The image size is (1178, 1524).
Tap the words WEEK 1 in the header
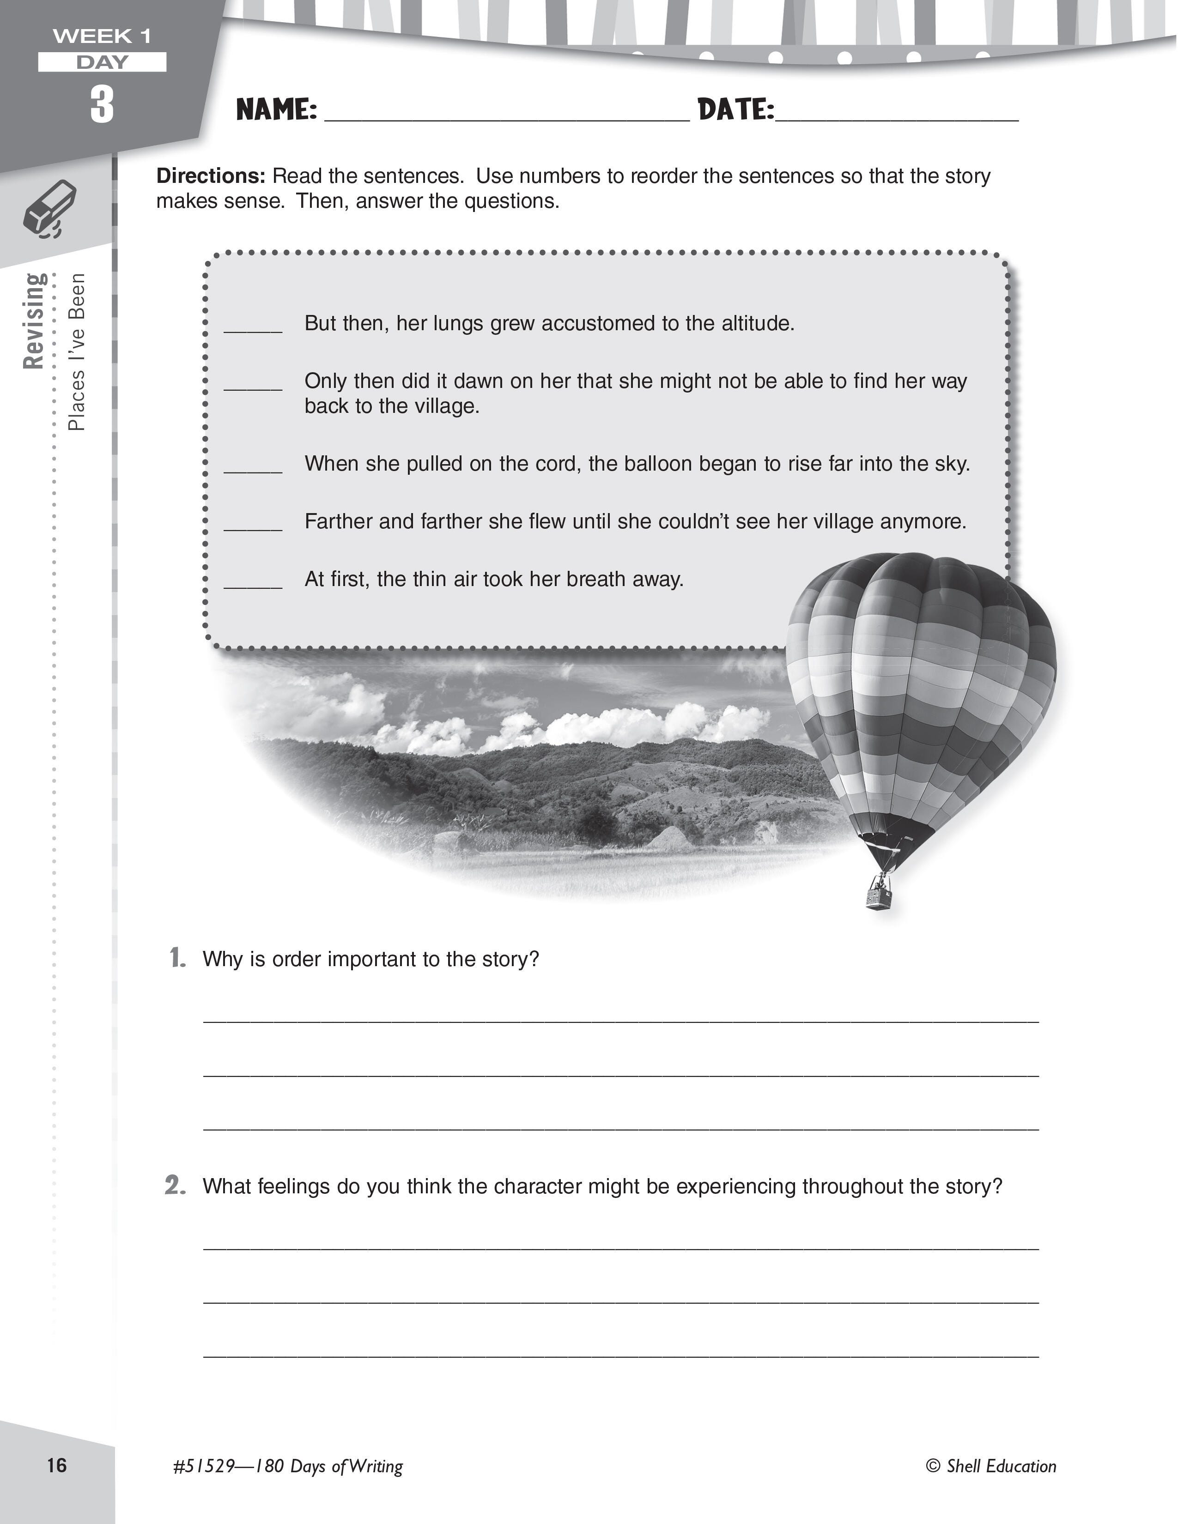pos(102,36)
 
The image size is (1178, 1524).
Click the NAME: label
pos(276,109)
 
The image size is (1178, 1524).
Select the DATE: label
pos(735,109)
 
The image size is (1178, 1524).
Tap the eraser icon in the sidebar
pos(49,209)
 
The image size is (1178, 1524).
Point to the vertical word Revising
pos(34,321)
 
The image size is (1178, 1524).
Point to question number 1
pos(178,958)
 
